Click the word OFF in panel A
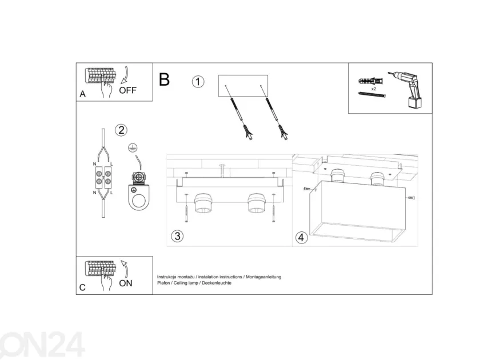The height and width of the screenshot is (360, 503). tap(127, 90)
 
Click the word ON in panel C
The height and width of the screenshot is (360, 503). tap(125, 283)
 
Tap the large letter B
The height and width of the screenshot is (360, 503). tap(164, 79)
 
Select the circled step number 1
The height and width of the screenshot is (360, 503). tap(198, 81)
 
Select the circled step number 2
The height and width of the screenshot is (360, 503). tap(121, 130)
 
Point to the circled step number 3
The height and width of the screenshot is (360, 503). tap(177, 236)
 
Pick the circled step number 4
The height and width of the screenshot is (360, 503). tap(301, 238)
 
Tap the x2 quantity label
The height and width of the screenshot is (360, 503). tap(373, 89)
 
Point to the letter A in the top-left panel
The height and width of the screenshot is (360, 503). tap(82, 94)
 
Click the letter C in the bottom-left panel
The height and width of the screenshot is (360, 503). tap(82, 287)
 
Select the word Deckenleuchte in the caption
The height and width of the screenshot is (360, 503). tap(217, 283)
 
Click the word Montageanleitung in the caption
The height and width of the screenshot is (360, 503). tap(264, 277)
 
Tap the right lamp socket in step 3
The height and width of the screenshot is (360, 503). tap(256, 203)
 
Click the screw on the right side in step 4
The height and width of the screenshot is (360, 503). tap(412, 198)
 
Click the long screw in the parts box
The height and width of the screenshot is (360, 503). tap(372, 94)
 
